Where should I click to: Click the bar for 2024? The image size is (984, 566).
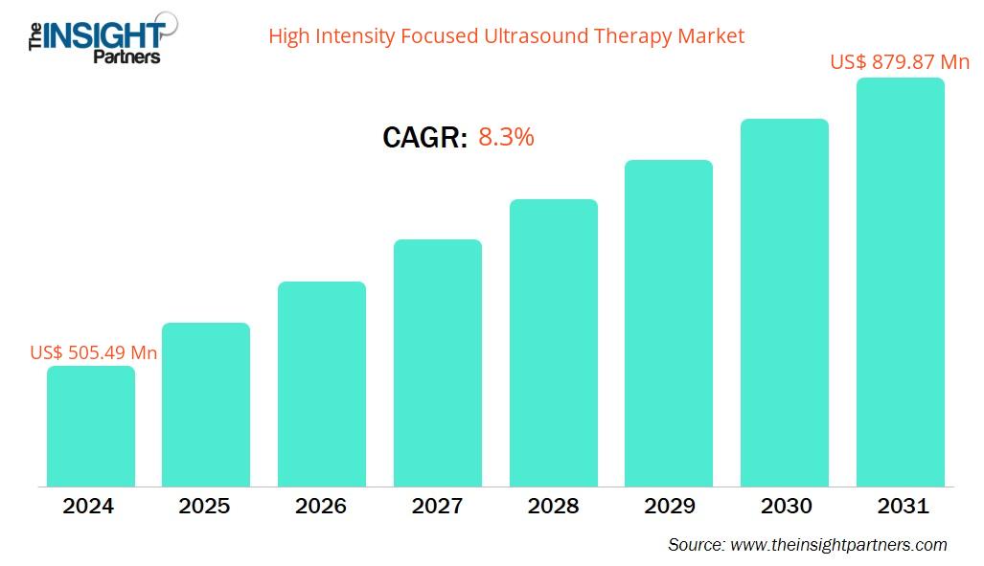(x=91, y=426)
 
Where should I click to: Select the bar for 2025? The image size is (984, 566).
(x=206, y=405)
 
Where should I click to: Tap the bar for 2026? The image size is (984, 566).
(x=322, y=384)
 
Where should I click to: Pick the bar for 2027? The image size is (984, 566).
(x=438, y=363)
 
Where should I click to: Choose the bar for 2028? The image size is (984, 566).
(x=554, y=343)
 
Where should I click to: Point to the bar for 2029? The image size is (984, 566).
(x=669, y=324)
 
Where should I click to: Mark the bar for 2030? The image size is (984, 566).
(x=785, y=303)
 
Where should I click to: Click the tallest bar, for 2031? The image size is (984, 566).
(x=901, y=283)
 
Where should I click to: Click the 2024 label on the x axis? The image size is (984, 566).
(x=88, y=507)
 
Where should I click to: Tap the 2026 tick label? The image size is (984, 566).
(x=321, y=507)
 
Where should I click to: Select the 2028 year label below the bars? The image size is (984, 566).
(x=553, y=507)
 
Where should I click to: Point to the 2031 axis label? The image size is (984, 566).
(x=902, y=507)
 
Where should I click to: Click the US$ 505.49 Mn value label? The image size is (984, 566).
(x=94, y=352)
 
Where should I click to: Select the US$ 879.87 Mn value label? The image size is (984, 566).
(x=900, y=62)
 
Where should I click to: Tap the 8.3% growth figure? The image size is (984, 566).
(x=506, y=137)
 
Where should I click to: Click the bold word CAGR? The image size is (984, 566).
(x=424, y=138)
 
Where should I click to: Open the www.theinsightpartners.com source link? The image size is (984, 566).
(x=838, y=545)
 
